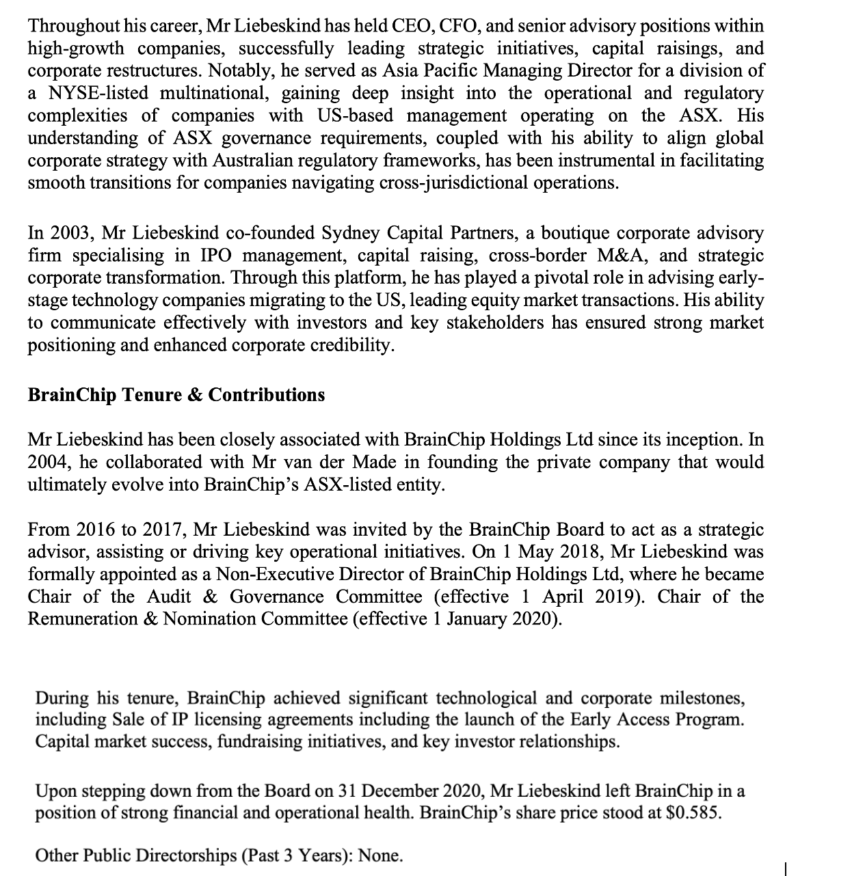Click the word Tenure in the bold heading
tap(150, 395)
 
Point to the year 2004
tap(49, 463)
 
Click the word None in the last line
tap(380, 855)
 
